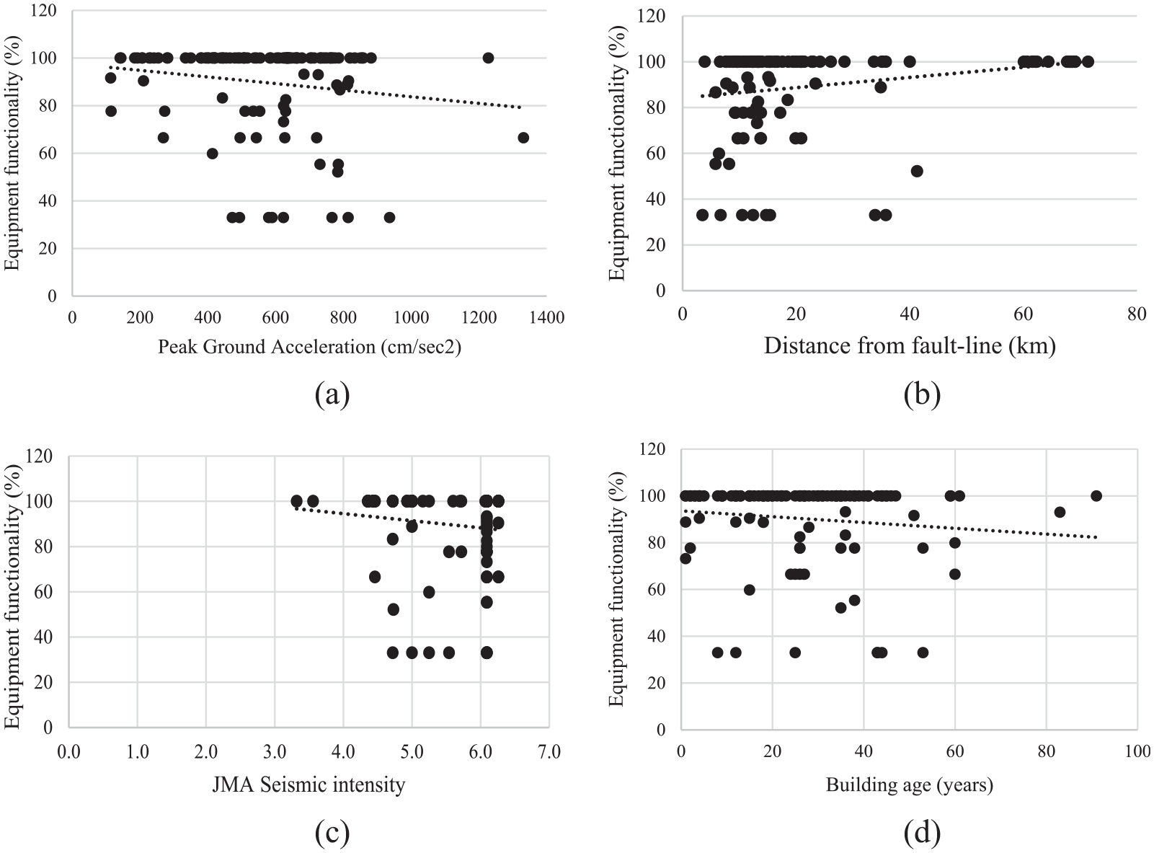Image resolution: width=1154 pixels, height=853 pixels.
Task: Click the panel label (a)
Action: click(x=332, y=394)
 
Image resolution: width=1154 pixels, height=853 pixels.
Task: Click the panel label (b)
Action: click(x=922, y=394)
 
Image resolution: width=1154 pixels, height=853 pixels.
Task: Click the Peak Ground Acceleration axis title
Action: click(x=309, y=347)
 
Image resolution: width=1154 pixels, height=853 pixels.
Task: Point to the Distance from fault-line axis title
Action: click(x=910, y=345)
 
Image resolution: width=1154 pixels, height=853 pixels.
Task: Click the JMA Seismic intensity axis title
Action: click(x=309, y=785)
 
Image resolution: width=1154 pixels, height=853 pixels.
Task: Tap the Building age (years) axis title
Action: click(x=910, y=785)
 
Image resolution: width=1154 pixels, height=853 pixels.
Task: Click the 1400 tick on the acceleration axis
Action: click(x=546, y=317)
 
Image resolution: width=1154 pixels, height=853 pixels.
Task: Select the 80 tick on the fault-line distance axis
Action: click(x=1137, y=314)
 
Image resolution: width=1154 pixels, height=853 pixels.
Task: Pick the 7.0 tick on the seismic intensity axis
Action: click(x=549, y=752)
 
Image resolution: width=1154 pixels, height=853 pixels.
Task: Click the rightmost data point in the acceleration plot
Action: click(x=523, y=138)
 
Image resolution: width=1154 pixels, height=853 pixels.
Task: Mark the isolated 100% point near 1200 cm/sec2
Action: click(x=488, y=58)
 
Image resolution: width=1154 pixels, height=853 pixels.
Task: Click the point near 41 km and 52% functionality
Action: click(x=917, y=171)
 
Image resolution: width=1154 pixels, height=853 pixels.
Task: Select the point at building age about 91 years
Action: click(x=1096, y=496)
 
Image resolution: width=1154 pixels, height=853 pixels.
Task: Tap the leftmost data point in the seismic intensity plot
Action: click(x=296, y=501)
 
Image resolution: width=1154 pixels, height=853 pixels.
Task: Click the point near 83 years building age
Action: click(x=1060, y=513)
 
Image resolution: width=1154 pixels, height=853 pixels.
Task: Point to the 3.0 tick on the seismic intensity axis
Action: click(x=275, y=752)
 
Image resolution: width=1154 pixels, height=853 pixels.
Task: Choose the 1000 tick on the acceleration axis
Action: click(x=411, y=317)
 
